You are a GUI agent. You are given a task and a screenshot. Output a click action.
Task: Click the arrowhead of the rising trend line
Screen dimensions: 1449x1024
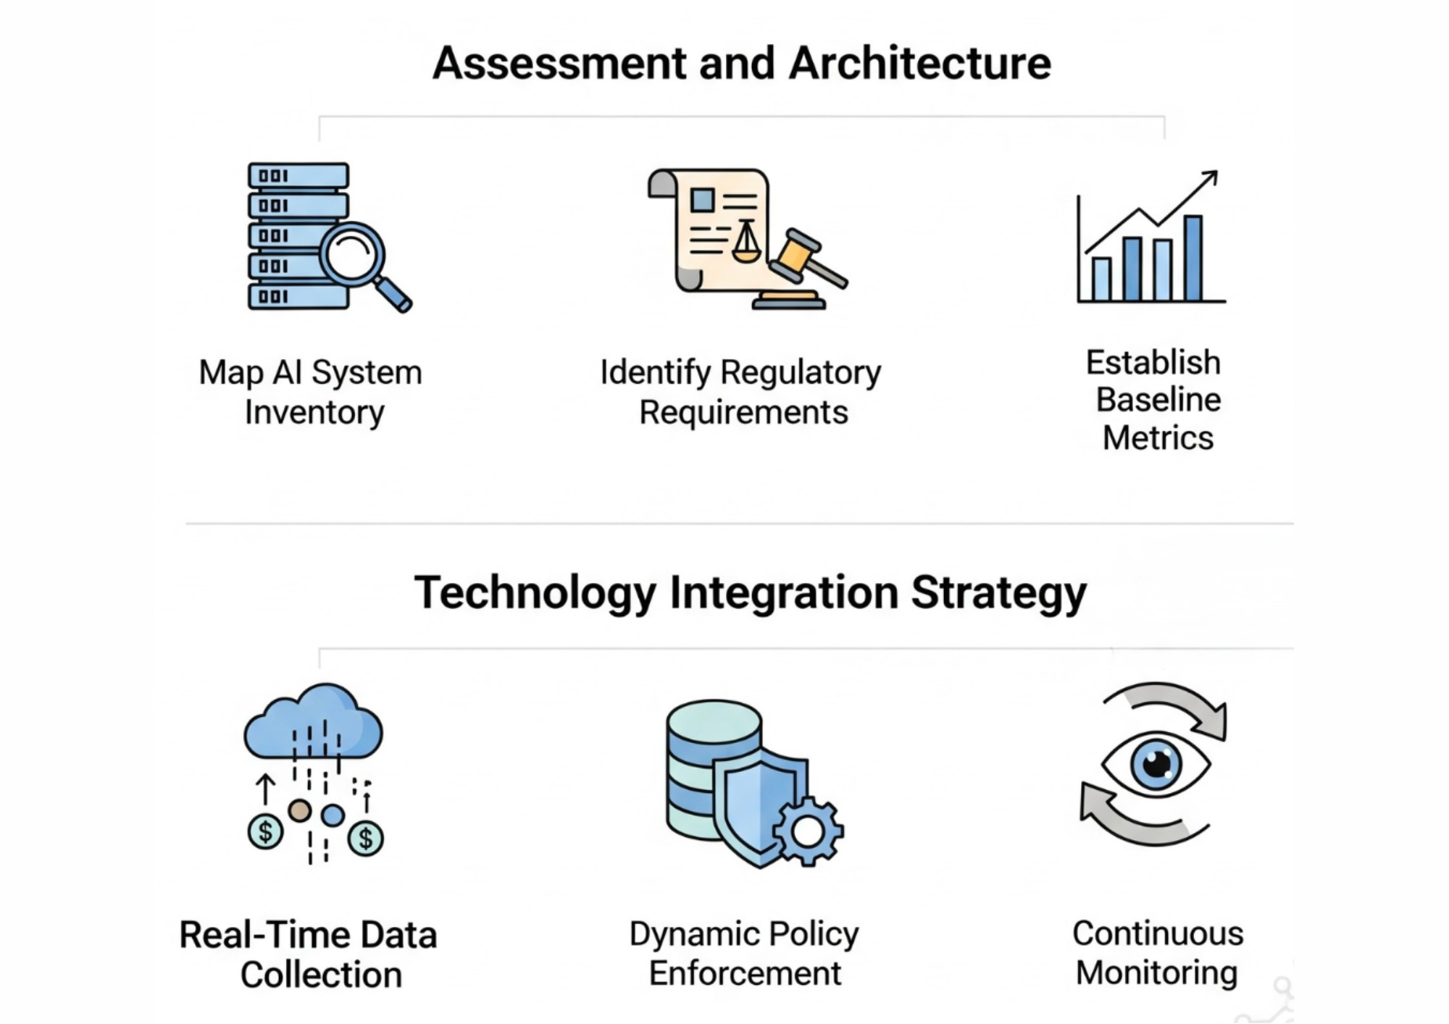click(x=1211, y=177)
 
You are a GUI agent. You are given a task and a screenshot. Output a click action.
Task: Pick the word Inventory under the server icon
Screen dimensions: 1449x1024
click(x=314, y=413)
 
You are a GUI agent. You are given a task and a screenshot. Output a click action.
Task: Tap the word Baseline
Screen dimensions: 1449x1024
click(x=1158, y=400)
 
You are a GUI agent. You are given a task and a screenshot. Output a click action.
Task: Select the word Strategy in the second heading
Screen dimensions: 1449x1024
click(x=998, y=593)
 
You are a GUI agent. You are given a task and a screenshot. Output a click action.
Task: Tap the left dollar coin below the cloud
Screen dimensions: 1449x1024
click(x=265, y=832)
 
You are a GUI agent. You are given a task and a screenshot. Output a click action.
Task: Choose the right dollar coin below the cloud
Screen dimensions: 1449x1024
click(x=366, y=839)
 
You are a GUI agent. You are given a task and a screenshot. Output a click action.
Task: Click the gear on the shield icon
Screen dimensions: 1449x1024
click(x=807, y=831)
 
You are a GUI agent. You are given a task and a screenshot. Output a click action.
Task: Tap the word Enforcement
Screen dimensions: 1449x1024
click(x=745, y=973)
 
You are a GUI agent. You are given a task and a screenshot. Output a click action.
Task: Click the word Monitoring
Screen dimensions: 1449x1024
click(x=1156, y=973)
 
